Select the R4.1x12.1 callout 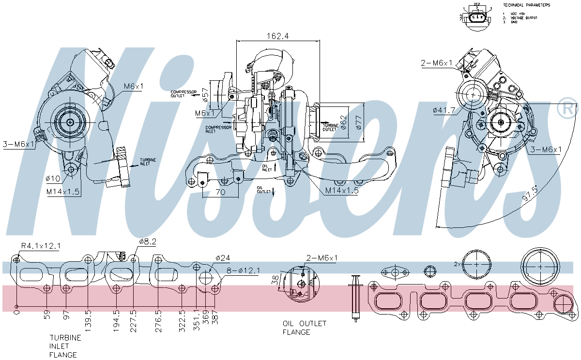pyautogui.click(x=40, y=246)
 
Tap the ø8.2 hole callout pyautogui.click(x=148, y=241)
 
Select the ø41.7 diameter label pyautogui.click(x=444, y=110)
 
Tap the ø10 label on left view pyautogui.click(x=53, y=179)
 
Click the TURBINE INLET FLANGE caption pyautogui.click(x=65, y=346)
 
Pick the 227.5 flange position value pyautogui.click(x=134, y=319)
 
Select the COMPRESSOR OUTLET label pyautogui.click(x=183, y=93)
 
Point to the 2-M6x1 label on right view pyautogui.click(x=437, y=63)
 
